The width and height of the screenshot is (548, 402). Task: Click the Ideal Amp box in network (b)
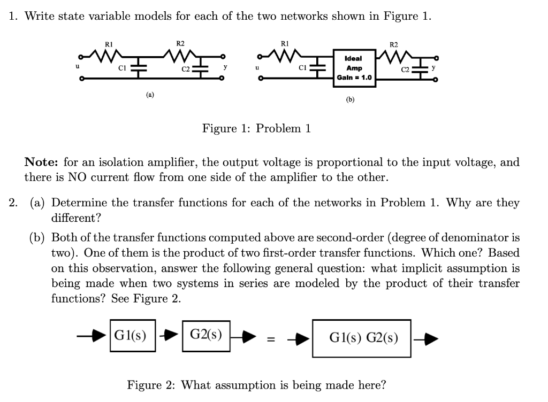coord(354,68)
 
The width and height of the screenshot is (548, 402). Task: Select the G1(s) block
coord(132,336)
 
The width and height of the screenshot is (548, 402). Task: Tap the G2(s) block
coord(206,336)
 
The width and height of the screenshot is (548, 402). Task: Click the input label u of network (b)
coord(257,68)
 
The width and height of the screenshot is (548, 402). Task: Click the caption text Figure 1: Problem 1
coord(256,128)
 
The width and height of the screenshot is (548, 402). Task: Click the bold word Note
coord(42,163)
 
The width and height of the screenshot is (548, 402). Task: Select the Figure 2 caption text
coord(256,385)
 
